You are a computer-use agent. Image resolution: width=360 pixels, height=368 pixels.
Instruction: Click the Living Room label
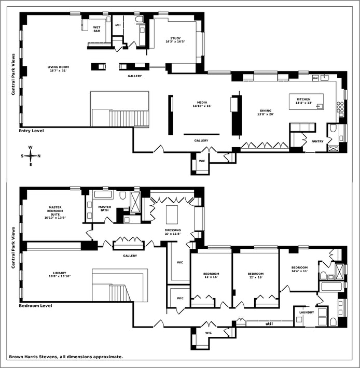(x=58, y=68)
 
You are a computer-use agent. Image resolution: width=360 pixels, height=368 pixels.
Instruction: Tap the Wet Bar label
(x=97, y=29)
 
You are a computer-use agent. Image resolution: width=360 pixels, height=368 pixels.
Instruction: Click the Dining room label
(x=266, y=112)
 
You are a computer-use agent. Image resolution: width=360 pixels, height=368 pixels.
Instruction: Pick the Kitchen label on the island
(x=303, y=101)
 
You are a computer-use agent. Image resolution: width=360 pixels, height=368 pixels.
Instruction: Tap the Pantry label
(x=317, y=141)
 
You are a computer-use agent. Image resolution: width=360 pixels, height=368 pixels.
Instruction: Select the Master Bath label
(x=105, y=209)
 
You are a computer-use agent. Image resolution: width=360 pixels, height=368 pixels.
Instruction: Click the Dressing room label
(x=173, y=232)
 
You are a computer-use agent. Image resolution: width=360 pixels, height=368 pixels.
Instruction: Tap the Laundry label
(x=307, y=313)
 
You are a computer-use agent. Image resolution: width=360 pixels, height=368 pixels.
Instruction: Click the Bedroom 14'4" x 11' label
(x=299, y=269)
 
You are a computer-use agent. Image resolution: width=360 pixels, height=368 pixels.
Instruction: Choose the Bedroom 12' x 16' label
(x=255, y=275)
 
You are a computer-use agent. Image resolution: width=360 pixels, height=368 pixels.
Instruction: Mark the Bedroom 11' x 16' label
(x=211, y=275)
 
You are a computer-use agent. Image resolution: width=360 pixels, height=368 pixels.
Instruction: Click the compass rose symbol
(x=30, y=155)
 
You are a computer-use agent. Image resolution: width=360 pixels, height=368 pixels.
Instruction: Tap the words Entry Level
(x=31, y=131)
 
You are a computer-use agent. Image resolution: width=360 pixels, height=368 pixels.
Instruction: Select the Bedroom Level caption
(x=35, y=306)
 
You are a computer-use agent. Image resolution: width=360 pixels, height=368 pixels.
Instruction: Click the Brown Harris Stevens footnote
(x=66, y=357)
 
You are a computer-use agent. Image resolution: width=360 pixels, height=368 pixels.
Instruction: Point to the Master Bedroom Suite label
(x=55, y=213)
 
